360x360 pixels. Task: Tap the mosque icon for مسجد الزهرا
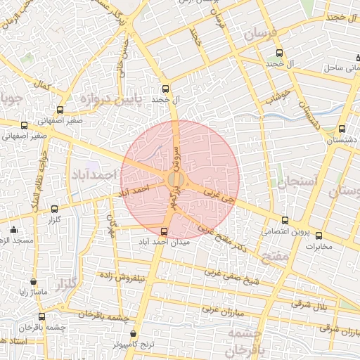click(14, 229)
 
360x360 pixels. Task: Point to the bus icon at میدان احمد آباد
click(164, 231)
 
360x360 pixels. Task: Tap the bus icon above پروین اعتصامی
click(284, 219)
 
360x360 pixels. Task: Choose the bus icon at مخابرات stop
click(319, 236)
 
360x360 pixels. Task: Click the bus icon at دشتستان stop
click(342, 129)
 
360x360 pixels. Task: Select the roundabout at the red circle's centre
click(176, 181)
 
